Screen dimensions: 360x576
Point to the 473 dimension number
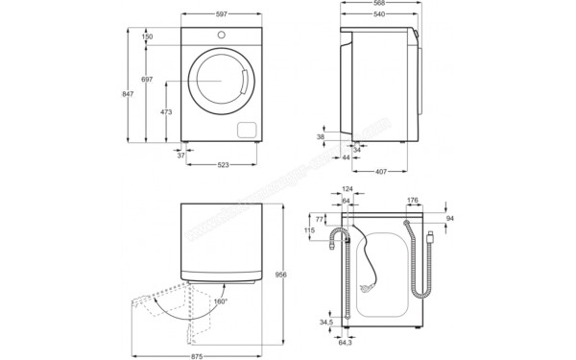click(x=166, y=112)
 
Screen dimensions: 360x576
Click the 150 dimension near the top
click(x=147, y=36)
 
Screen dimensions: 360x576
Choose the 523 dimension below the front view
click(x=223, y=165)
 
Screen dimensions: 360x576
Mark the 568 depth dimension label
click(x=382, y=4)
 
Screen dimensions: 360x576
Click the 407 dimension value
click(x=381, y=172)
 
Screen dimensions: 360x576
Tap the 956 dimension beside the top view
click(x=279, y=274)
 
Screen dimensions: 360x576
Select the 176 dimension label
click(x=412, y=201)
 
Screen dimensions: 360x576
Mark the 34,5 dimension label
click(x=325, y=323)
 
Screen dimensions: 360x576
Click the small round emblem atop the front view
click(x=222, y=36)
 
